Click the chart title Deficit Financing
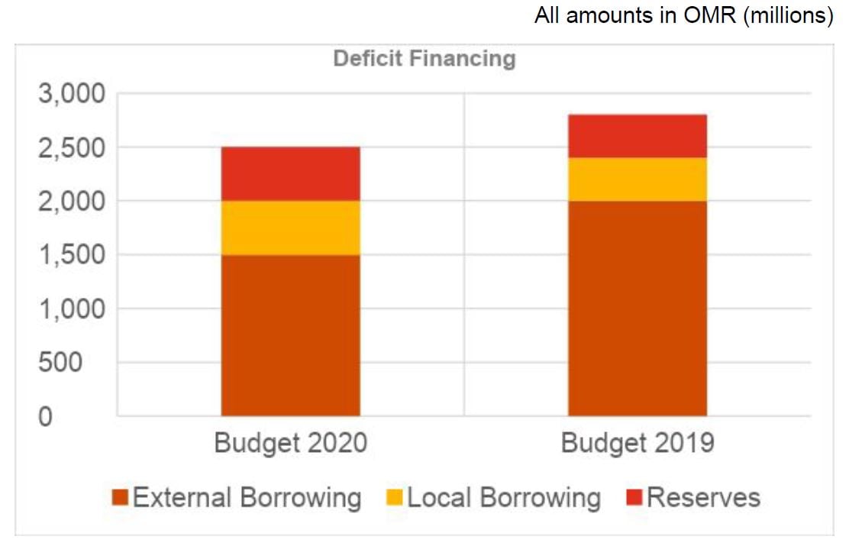click(x=424, y=58)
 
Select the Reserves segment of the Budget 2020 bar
click(x=290, y=173)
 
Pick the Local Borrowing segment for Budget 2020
click(x=290, y=228)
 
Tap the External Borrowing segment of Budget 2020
click(x=290, y=335)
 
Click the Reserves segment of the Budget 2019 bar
click(x=637, y=136)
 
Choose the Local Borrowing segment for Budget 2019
click(x=637, y=179)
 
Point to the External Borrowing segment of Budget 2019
click(x=637, y=309)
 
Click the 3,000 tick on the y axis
click(x=67, y=94)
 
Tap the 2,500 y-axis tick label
click(x=67, y=147)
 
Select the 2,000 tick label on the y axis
click(x=67, y=202)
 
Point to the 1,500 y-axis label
click(x=67, y=255)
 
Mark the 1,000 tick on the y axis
click(x=67, y=309)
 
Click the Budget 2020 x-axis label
click(x=290, y=444)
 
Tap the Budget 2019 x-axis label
click(x=637, y=444)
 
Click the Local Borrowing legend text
click(x=504, y=498)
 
